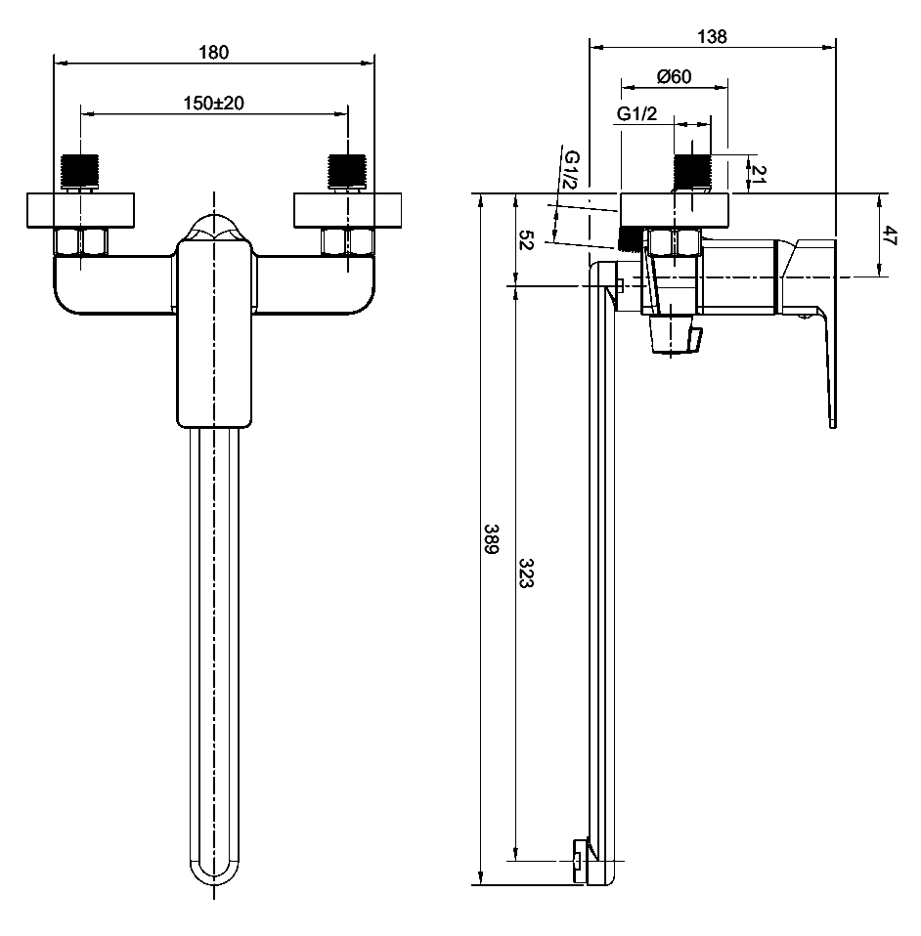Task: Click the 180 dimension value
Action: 213,53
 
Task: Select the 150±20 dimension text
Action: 213,103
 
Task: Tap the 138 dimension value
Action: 713,36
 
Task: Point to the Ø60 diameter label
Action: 675,77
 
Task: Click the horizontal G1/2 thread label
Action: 636,114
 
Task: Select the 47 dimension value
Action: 890,235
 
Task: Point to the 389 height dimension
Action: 493,540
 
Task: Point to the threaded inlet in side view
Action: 692,173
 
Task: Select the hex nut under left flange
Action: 81,242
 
